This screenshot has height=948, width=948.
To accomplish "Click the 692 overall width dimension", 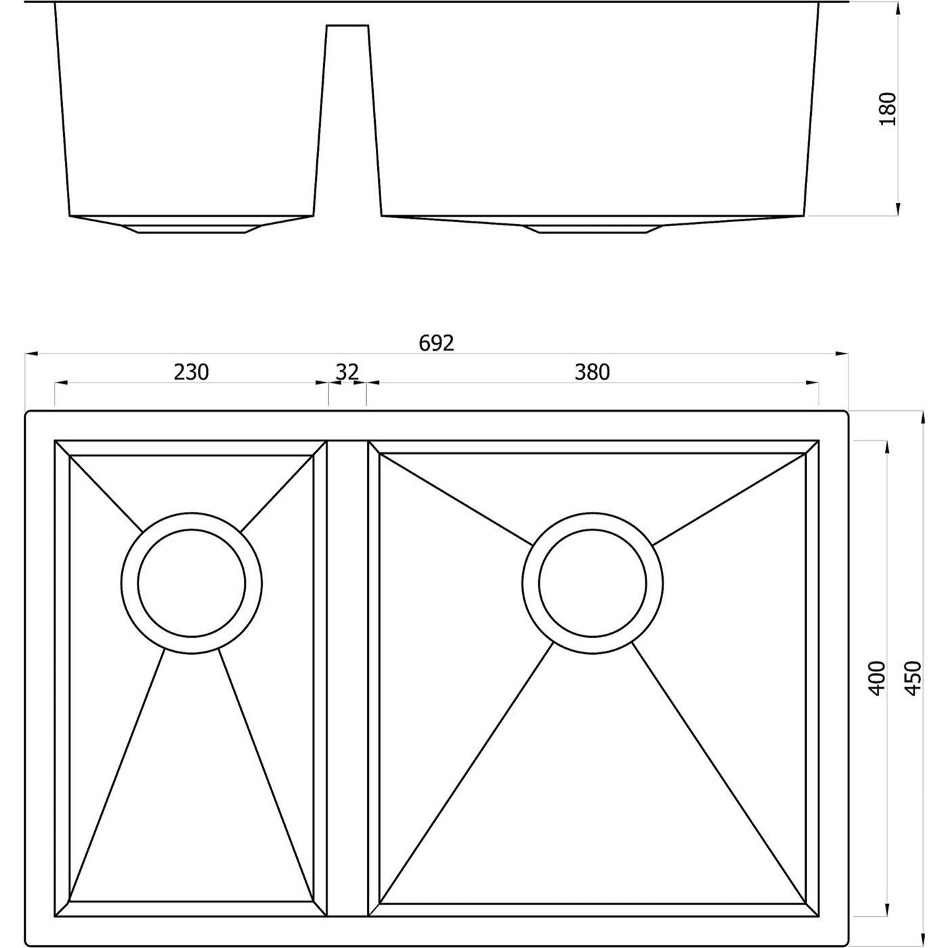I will pyautogui.click(x=436, y=343).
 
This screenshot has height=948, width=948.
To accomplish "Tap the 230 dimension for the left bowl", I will pyautogui.click(x=192, y=372).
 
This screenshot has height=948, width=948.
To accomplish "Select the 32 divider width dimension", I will pyautogui.click(x=347, y=372).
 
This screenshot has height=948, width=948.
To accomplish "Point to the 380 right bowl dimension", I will pyautogui.click(x=592, y=372).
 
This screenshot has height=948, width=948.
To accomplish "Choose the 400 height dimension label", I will pyautogui.click(x=877, y=678).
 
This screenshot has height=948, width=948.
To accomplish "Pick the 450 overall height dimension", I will pyautogui.click(x=913, y=678).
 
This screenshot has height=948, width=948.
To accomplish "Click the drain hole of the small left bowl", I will pyautogui.click(x=192, y=583).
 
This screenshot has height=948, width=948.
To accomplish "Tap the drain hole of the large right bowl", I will pyautogui.click(x=592, y=583).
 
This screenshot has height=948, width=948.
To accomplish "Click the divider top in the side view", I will pyautogui.click(x=347, y=26).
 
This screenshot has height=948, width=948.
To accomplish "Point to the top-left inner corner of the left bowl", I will pyautogui.click(x=70, y=456).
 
